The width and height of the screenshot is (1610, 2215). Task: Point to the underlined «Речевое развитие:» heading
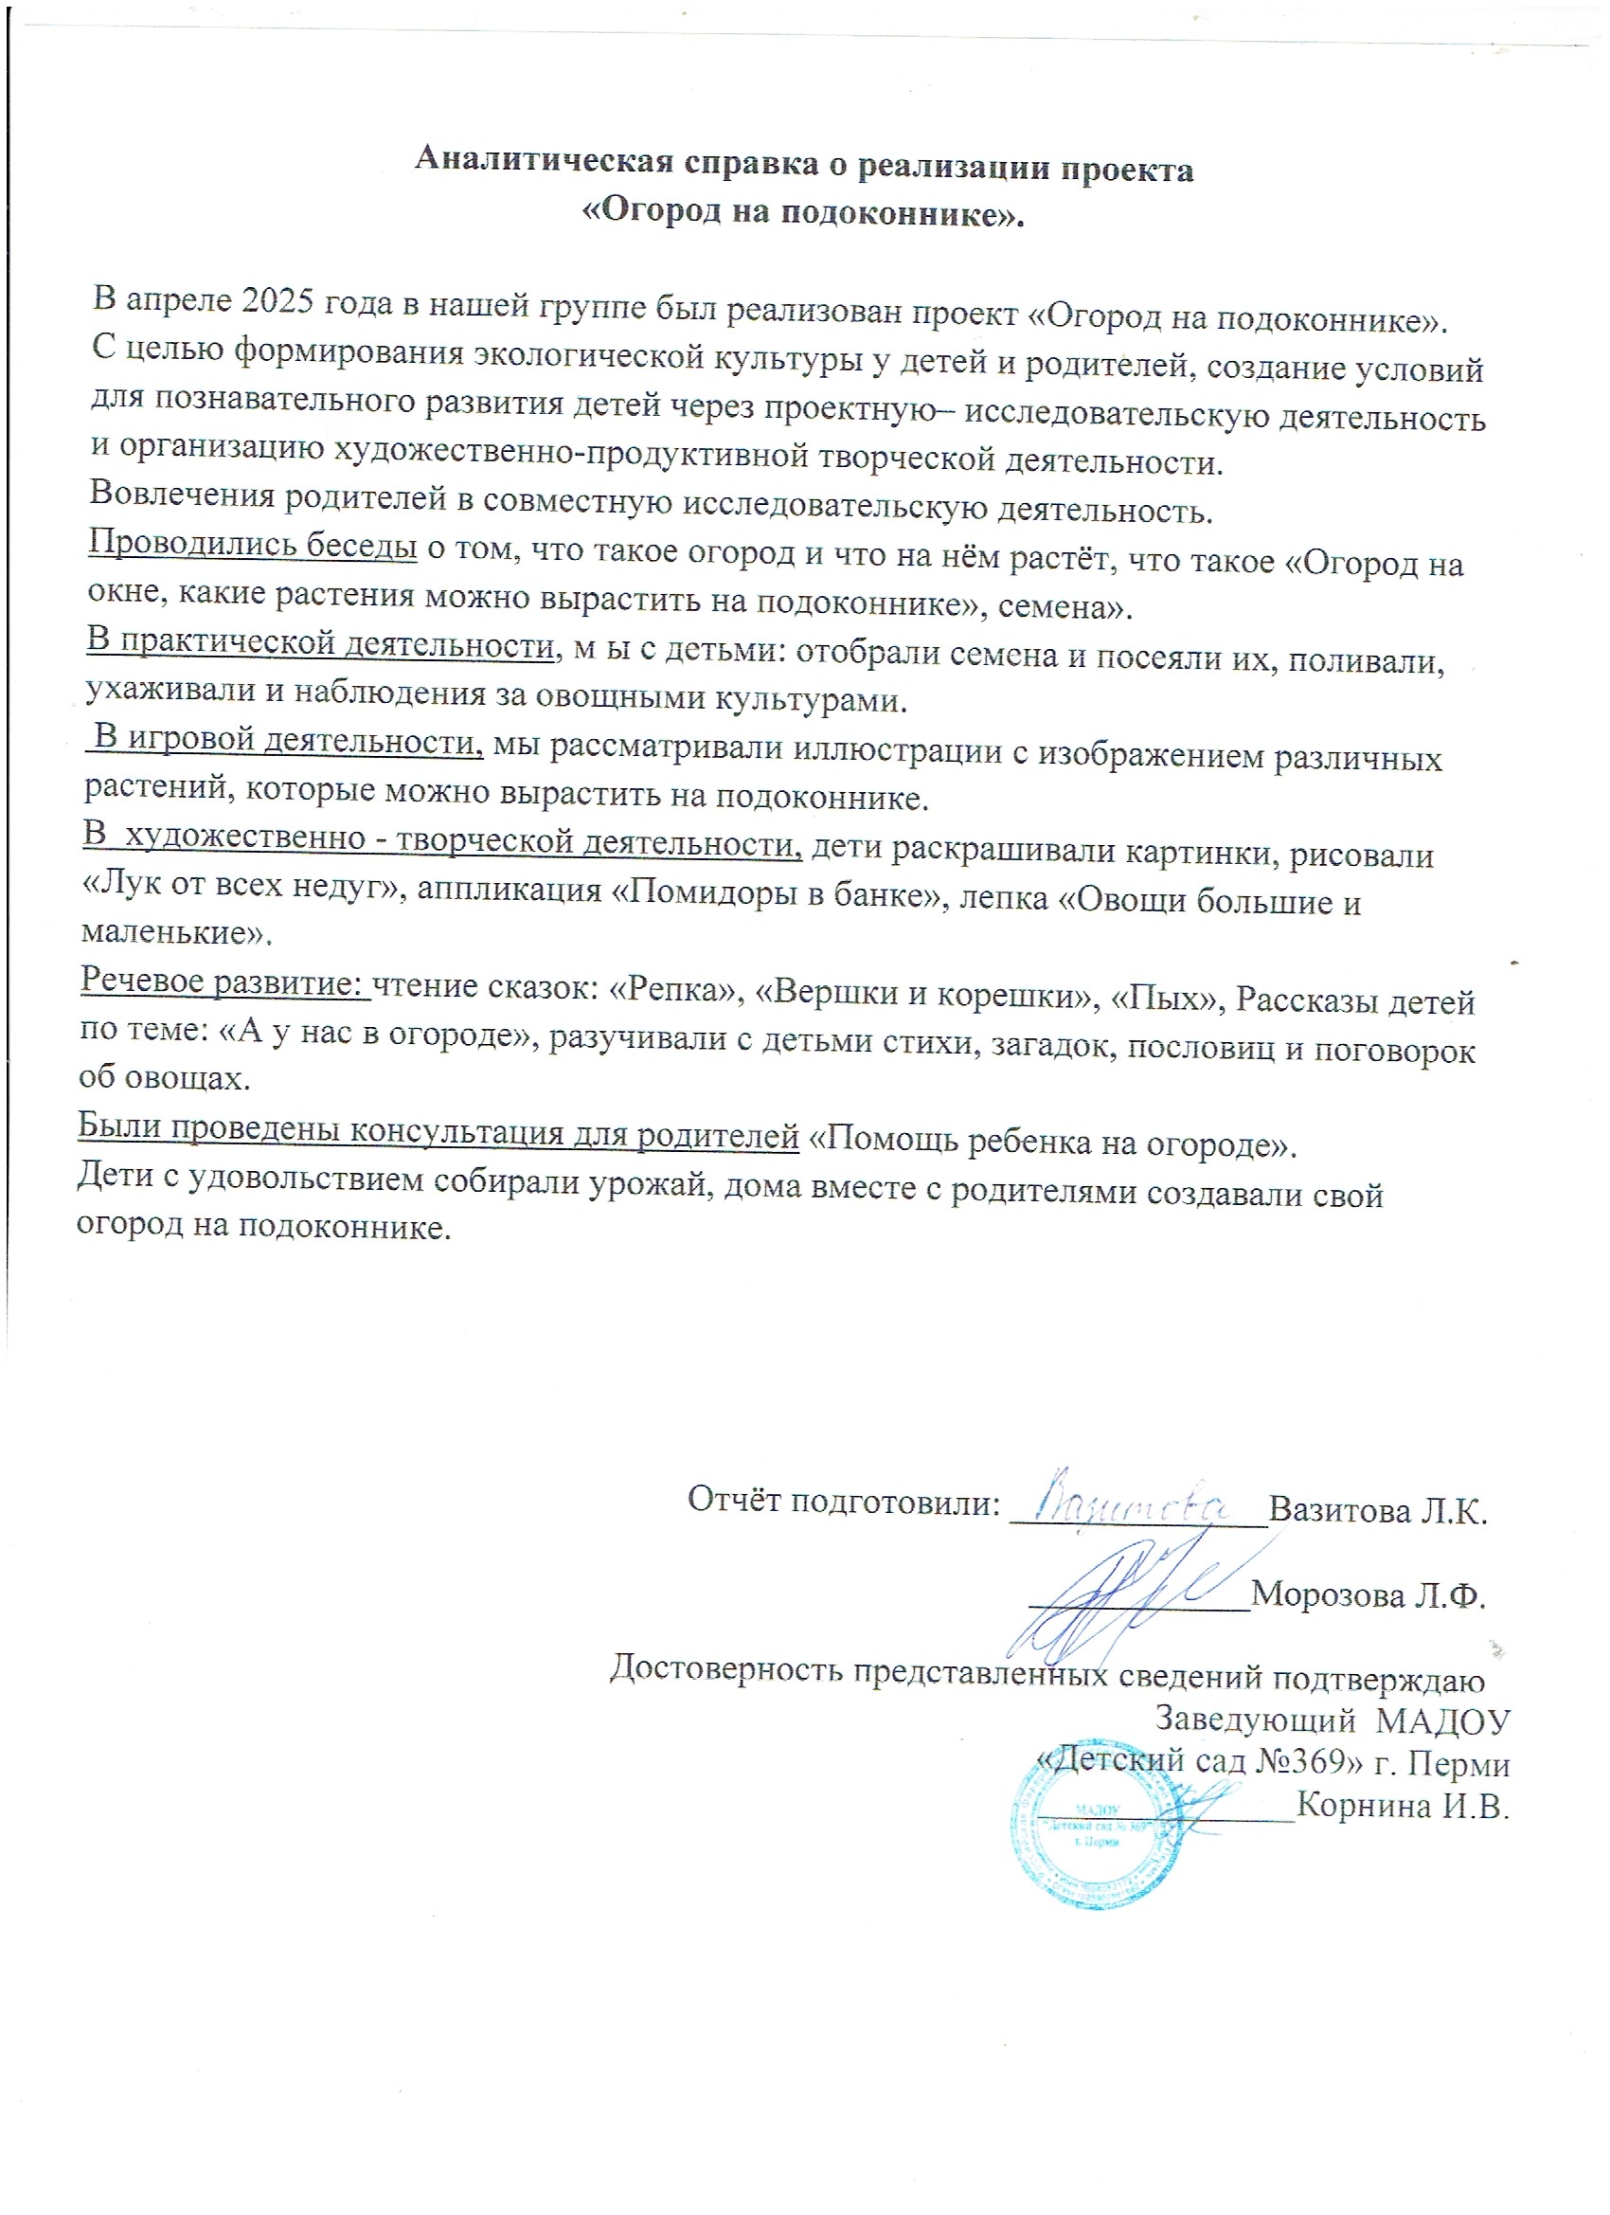pos(224,980)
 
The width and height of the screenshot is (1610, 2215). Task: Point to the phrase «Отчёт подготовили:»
pos(845,1501)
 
